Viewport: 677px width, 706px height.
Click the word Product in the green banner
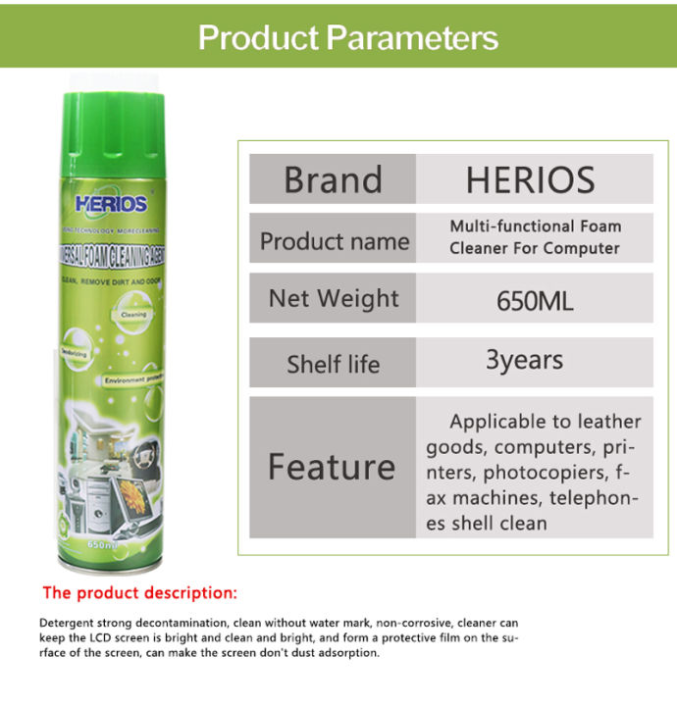click(258, 37)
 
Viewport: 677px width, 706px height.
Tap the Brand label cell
click(333, 179)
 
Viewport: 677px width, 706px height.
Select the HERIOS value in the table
click(530, 179)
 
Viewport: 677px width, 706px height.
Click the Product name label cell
click(334, 240)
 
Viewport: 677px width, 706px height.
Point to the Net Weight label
click(334, 298)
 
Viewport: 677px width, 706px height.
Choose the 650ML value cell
click(535, 300)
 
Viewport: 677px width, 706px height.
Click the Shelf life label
click(333, 364)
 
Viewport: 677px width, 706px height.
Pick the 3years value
click(524, 360)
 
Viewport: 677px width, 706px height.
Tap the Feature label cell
click(332, 467)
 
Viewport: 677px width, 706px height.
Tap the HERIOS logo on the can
click(110, 204)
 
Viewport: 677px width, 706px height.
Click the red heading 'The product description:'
click(139, 593)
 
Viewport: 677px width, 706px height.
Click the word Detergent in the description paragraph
click(68, 623)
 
